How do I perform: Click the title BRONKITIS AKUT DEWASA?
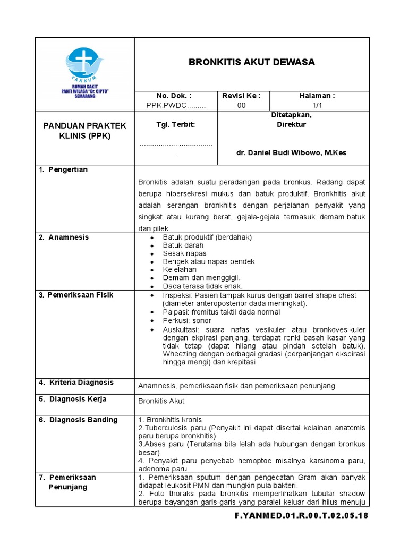[x=252, y=62]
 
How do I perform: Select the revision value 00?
[x=242, y=105]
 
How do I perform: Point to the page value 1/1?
[x=318, y=105]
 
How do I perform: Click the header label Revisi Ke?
[x=242, y=96]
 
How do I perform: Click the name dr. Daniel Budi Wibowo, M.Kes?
[x=291, y=152]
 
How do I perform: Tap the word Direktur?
[x=291, y=125]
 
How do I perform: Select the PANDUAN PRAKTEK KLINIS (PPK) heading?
[x=85, y=130]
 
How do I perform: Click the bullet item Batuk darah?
[x=183, y=245]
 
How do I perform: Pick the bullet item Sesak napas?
[x=184, y=253]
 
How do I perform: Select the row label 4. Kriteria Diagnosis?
[x=76, y=382]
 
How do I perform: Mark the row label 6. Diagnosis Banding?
[x=78, y=420]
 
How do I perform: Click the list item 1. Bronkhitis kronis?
[x=170, y=420]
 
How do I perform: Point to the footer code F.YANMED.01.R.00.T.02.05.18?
[x=301, y=516]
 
